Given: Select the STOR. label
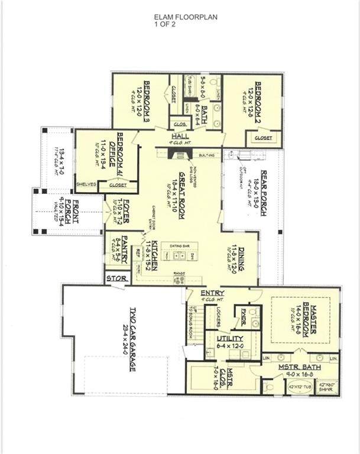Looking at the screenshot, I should click(114, 278).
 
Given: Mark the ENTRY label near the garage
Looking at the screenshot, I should click(211, 293).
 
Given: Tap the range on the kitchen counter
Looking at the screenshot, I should click(179, 279).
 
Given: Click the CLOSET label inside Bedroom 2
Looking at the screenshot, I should click(264, 137).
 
